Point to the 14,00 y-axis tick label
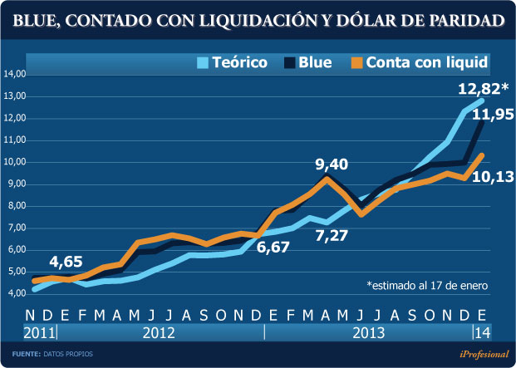pos(17,74)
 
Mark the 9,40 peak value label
pos(332,164)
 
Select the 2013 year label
pos(369,333)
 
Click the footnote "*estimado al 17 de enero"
pos(427,284)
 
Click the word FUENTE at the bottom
pos(26,355)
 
